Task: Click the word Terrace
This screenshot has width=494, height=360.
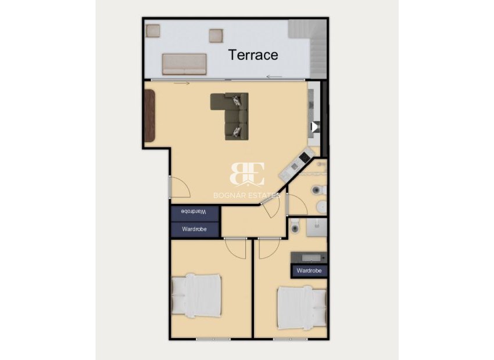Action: (253, 55)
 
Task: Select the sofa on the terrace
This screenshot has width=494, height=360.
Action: (184, 64)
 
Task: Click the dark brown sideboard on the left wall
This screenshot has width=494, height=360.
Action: (150, 115)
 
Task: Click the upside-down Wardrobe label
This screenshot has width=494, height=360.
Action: (194, 213)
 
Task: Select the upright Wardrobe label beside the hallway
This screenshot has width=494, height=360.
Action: (194, 229)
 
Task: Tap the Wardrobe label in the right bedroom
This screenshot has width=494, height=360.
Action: (309, 271)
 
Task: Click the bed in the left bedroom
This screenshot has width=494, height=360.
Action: (196, 295)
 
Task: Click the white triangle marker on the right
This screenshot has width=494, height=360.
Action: (314, 126)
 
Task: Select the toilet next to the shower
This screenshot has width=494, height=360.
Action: (295, 226)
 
